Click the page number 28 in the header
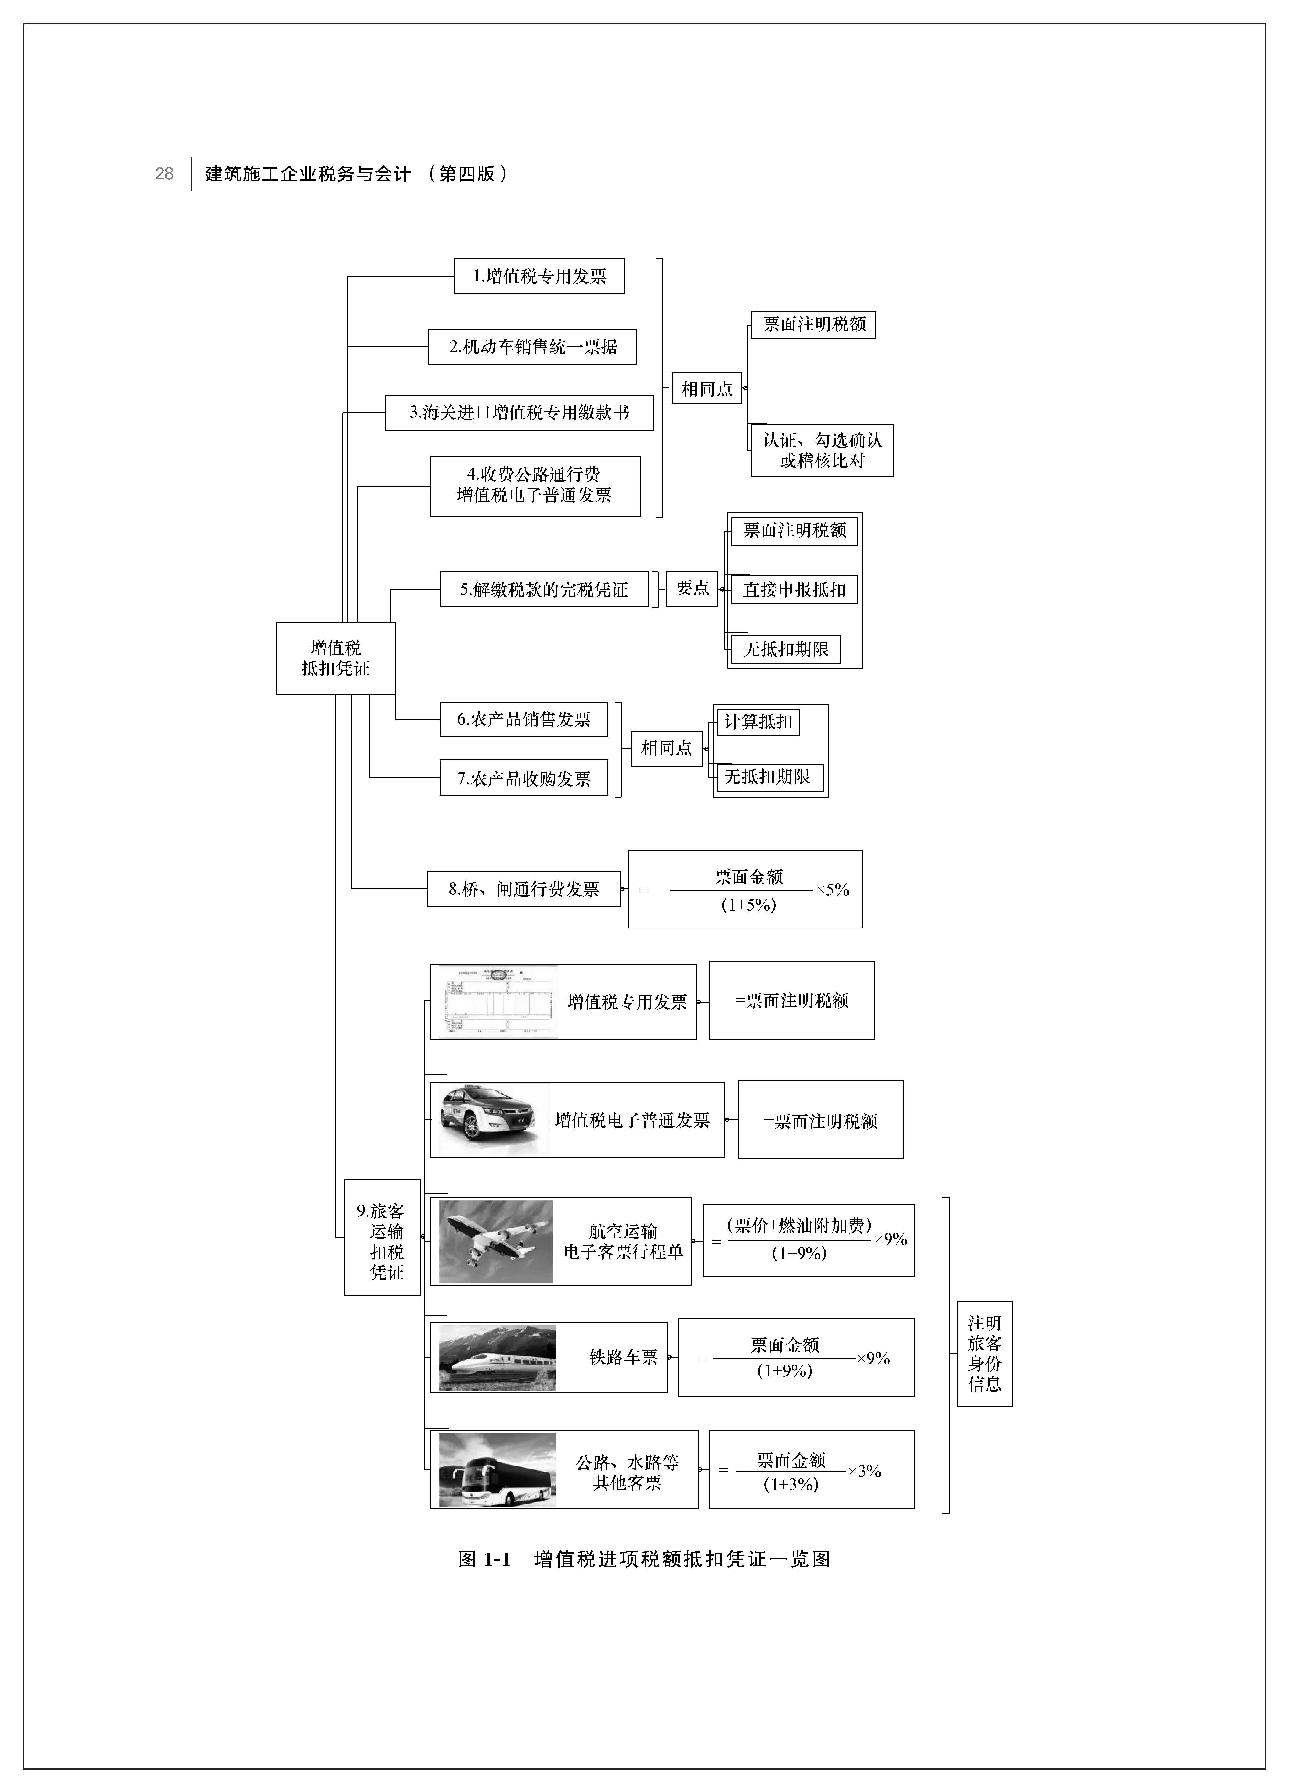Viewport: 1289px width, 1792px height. point(164,174)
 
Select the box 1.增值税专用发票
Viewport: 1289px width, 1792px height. point(539,277)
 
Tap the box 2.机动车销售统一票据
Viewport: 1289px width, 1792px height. point(532,347)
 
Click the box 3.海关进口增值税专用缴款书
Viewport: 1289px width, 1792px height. point(519,412)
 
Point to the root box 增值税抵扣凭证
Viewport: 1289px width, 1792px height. point(335,658)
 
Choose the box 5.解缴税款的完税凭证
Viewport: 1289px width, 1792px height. point(544,589)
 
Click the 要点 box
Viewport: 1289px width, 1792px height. point(692,589)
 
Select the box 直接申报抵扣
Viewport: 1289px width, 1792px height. point(794,589)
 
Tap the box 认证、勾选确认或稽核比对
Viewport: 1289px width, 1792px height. point(822,450)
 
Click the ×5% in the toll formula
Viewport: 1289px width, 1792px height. point(832,890)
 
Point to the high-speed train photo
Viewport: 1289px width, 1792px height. point(498,1357)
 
